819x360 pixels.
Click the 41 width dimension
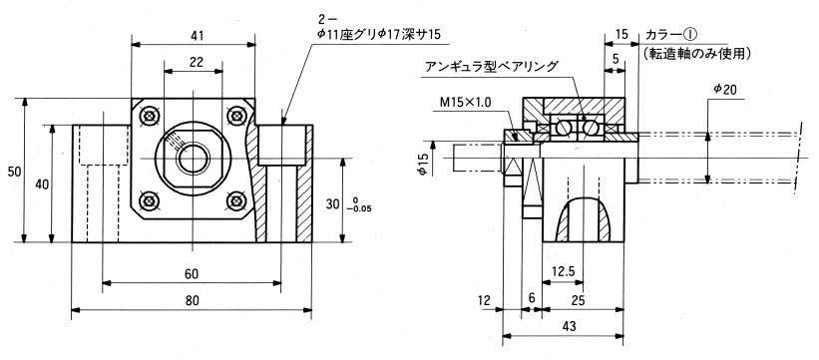[x=197, y=36]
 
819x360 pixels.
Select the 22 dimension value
[x=197, y=63]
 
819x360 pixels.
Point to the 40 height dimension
[x=40, y=183]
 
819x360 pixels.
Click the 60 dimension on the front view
[x=192, y=274]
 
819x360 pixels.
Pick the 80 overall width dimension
[x=192, y=301]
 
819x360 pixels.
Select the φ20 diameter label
[x=725, y=91]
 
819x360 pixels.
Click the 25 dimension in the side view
[x=579, y=300]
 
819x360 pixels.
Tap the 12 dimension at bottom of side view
[x=485, y=300]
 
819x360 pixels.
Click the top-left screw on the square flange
[x=151, y=116]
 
